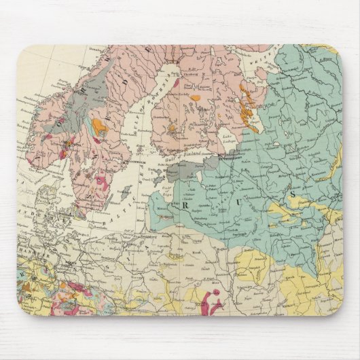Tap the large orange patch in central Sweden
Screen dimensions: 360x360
(x=101, y=126)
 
